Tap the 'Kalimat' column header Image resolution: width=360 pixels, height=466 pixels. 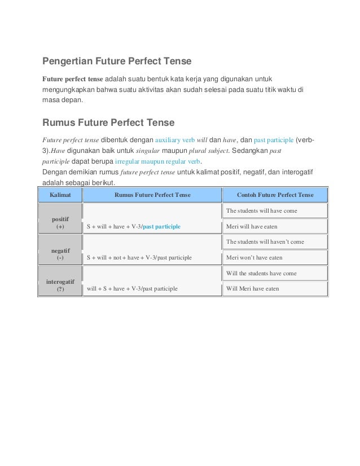click(60, 195)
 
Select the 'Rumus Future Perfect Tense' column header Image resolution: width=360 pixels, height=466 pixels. click(152, 195)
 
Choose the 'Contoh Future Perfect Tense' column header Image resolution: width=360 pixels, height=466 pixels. click(275, 195)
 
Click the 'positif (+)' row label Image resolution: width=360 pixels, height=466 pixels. click(60, 222)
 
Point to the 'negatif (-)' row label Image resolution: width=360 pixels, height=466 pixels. click(60, 253)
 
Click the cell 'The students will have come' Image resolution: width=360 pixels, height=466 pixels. click(261, 211)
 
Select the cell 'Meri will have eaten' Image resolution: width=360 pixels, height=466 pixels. click(251, 227)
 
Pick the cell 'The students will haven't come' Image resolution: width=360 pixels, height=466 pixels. click(265, 242)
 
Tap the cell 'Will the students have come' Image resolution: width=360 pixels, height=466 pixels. click(261, 273)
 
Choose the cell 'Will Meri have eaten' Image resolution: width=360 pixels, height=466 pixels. click(252, 289)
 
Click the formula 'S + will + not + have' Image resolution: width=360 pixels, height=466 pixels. click(138, 258)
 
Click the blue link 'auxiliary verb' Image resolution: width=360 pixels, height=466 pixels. click(174, 139)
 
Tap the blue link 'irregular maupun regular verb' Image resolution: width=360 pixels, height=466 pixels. click(154, 161)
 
